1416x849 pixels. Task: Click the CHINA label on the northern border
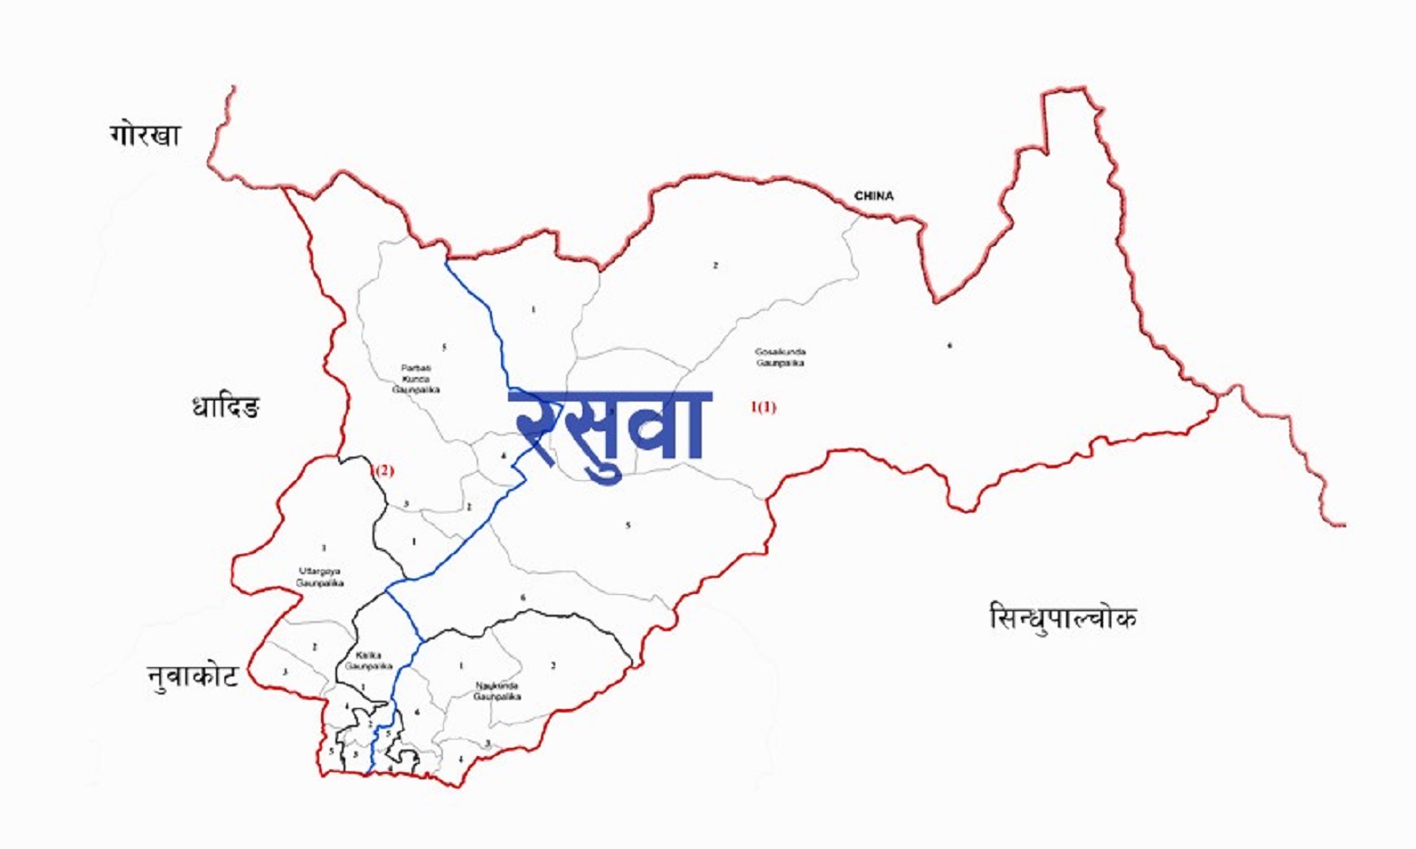point(873,195)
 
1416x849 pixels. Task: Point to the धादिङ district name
point(225,408)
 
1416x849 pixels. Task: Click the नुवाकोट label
point(193,675)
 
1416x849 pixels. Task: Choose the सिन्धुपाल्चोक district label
point(1062,618)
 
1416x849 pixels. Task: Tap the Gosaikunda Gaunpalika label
point(780,357)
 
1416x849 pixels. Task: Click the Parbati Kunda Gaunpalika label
point(416,379)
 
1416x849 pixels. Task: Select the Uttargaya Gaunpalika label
point(320,577)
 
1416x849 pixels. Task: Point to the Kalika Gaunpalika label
point(368,660)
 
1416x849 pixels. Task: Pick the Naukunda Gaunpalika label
point(497,692)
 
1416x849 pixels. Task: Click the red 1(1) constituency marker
point(763,407)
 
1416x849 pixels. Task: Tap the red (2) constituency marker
point(383,470)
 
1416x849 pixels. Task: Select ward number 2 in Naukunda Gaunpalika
point(553,666)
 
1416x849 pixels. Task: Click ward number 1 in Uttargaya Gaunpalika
point(323,548)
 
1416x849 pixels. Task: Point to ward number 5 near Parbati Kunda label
point(444,347)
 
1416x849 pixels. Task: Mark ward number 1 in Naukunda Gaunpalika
point(461,666)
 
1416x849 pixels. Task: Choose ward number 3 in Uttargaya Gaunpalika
point(285,672)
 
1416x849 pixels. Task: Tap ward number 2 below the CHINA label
point(715,266)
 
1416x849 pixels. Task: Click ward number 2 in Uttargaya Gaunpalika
point(315,647)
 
